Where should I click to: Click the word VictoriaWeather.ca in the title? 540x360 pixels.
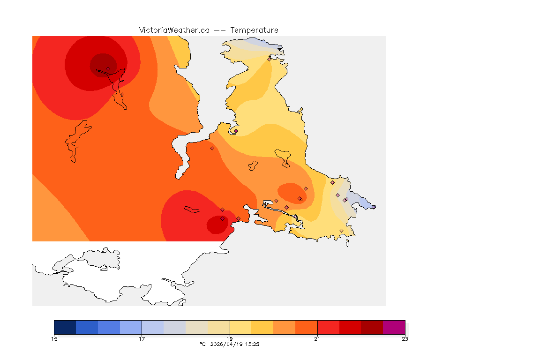pos(174,30)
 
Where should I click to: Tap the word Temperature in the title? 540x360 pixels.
pos(254,30)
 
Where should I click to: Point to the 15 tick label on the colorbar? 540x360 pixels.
pos(54,339)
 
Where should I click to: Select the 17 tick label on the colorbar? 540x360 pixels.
pos(142,339)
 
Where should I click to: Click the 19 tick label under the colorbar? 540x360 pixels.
pos(230,339)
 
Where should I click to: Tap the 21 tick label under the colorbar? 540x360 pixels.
pos(317,339)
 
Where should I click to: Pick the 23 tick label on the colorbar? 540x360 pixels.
pos(405,339)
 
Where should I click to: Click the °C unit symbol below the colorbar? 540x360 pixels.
pos(202,344)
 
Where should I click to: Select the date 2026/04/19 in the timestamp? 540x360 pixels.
pos(227,344)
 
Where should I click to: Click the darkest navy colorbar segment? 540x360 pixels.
pos(65,327)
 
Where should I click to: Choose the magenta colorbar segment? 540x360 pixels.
pos(394,327)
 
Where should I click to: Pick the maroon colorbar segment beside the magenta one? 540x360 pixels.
pos(372,327)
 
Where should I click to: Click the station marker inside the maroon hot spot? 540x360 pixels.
pos(108,68)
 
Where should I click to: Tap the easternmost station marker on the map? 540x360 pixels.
pos(374,207)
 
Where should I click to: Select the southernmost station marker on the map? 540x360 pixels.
pos(341,231)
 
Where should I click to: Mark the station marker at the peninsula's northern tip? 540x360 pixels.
pos(269,59)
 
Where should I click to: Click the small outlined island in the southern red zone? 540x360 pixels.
pos(192,210)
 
